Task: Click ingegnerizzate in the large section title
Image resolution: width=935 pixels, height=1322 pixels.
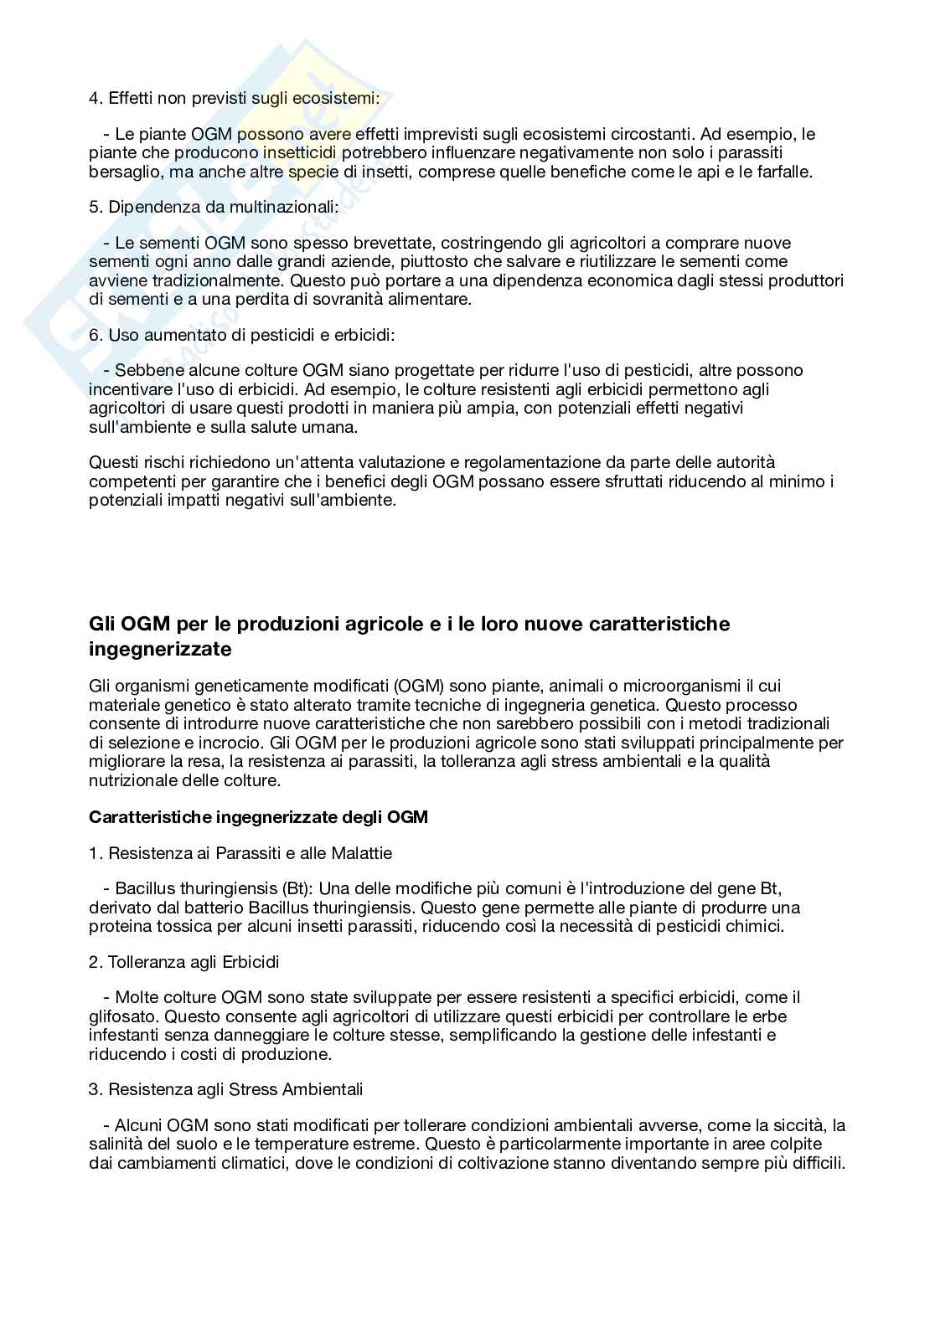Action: click(160, 649)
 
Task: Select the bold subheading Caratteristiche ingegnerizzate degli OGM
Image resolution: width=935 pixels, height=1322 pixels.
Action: click(258, 817)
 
